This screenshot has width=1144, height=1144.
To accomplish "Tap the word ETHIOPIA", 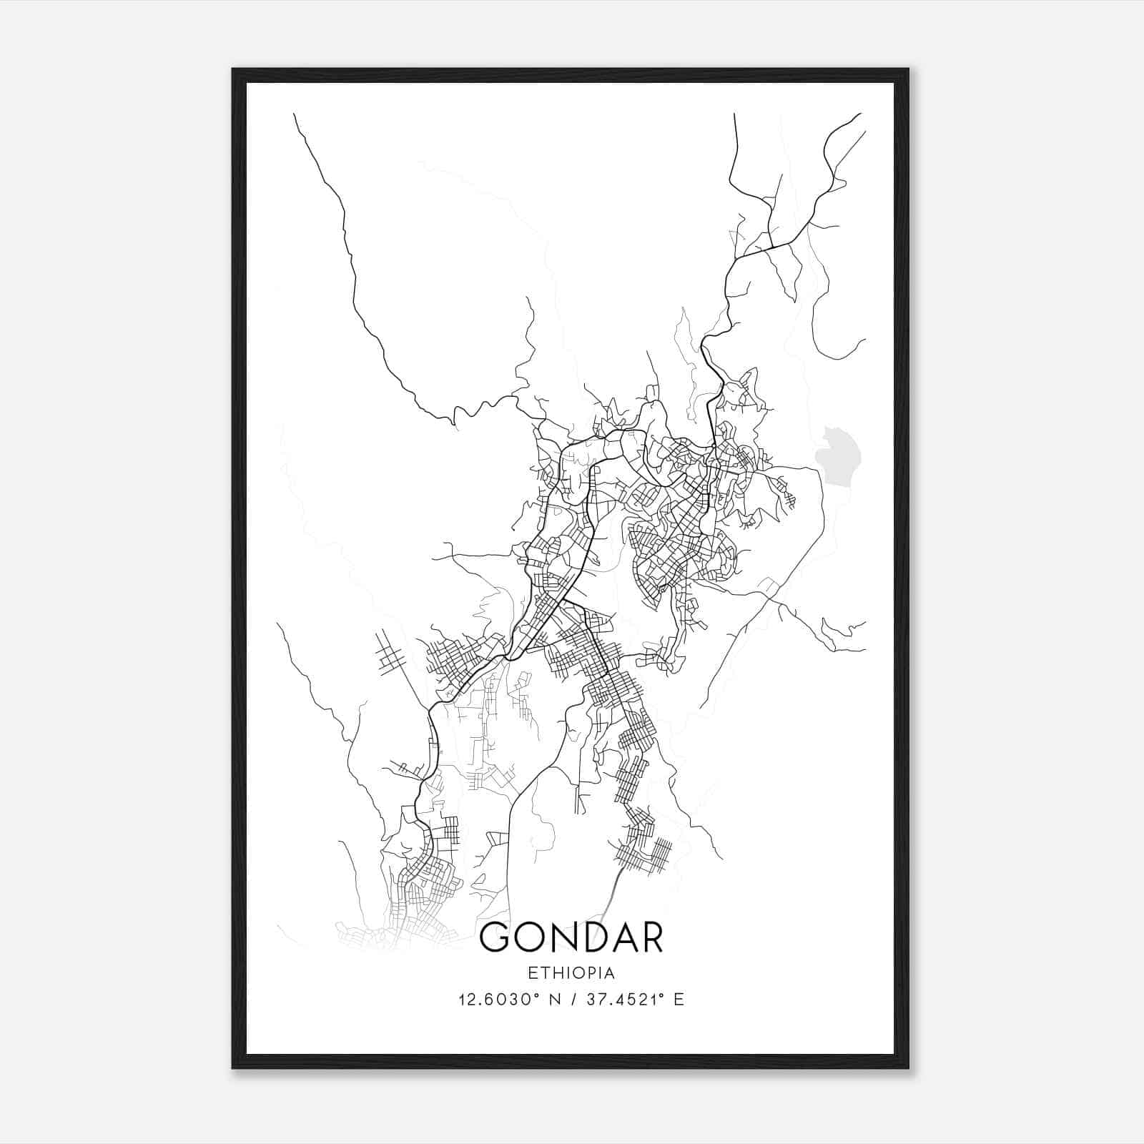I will (571, 973).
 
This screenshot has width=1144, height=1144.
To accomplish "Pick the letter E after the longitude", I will (679, 1000).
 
